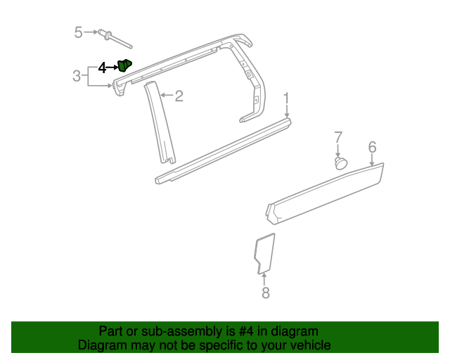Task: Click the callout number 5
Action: tap(79, 32)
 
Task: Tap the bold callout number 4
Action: tap(102, 67)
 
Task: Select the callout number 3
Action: tap(77, 76)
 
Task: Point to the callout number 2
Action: tap(179, 96)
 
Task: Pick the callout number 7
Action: tap(338, 136)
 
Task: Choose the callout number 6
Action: tap(372, 146)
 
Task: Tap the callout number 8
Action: tap(265, 293)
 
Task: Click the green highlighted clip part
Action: tap(125, 65)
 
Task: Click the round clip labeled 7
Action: tap(340, 163)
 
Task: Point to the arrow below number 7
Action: tap(338, 150)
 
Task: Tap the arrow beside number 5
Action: tap(91, 32)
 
